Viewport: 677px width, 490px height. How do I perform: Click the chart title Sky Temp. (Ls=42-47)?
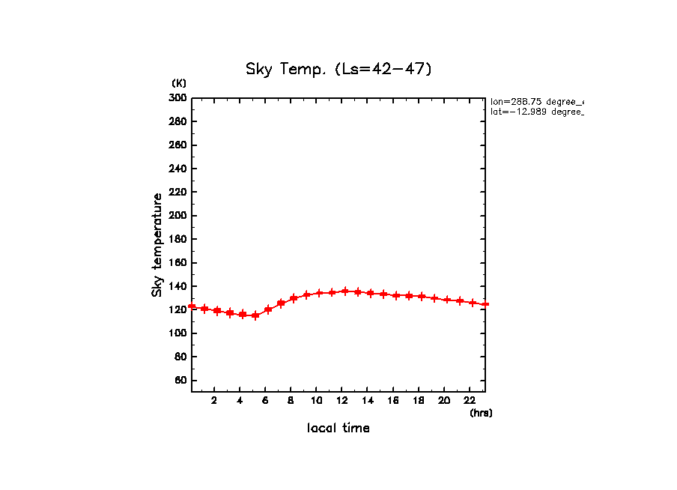pyautogui.click(x=338, y=69)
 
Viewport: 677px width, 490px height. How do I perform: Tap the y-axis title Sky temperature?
pyautogui.click(x=157, y=245)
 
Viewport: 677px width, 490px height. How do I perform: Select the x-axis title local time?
pyautogui.click(x=338, y=428)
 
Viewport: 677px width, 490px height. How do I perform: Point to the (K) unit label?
pyautogui.click(x=179, y=82)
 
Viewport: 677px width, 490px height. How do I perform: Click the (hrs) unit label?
pyautogui.click(x=481, y=412)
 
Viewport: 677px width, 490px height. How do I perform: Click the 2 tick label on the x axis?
pyautogui.click(x=214, y=400)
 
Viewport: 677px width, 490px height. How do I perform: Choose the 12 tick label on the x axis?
pyautogui.click(x=342, y=400)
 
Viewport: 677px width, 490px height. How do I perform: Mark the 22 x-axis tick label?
pyautogui.click(x=470, y=400)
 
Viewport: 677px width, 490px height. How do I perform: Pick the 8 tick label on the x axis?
pyautogui.click(x=291, y=400)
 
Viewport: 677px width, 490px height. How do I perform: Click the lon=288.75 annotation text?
pyautogui.click(x=536, y=101)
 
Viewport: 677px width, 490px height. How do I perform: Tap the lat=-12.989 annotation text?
pyautogui.click(x=536, y=112)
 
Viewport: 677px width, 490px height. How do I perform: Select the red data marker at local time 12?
pyautogui.click(x=345, y=291)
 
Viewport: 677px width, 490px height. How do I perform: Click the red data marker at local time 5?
pyautogui.click(x=255, y=315)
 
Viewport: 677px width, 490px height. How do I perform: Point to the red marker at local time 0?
pyautogui.click(x=192, y=306)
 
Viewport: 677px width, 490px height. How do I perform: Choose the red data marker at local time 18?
pyautogui.click(x=422, y=297)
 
